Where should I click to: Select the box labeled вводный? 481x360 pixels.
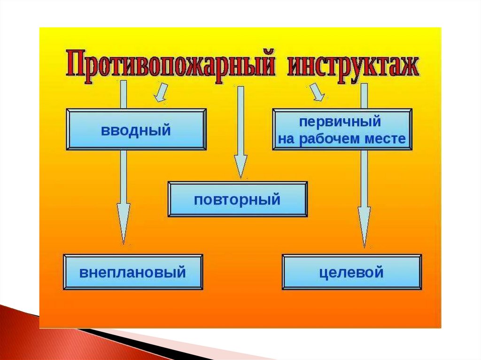click(x=136, y=130)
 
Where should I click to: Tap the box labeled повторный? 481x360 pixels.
click(x=238, y=199)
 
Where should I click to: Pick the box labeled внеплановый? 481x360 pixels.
click(x=133, y=272)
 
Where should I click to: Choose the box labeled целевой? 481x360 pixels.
click(x=352, y=272)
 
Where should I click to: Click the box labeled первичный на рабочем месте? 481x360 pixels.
click(x=342, y=130)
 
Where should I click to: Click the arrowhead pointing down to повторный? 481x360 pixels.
click(x=240, y=167)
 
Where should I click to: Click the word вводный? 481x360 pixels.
click(x=136, y=130)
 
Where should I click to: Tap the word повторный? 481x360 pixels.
click(x=238, y=200)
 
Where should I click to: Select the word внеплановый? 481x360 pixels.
click(x=133, y=273)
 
